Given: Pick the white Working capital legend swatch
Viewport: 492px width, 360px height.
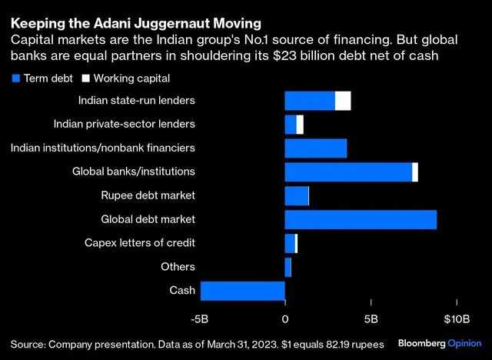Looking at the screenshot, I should click(x=85, y=78).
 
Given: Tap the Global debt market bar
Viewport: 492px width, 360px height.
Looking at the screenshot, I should click(x=361, y=219).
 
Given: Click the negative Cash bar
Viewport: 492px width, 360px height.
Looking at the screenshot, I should click(x=243, y=291).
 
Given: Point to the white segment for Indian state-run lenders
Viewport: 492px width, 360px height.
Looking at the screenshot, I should click(x=343, y=101).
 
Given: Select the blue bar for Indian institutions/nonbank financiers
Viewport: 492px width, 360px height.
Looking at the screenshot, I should click(x=316, y=148).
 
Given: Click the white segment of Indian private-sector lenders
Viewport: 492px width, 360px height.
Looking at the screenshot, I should click(x=300, y=125).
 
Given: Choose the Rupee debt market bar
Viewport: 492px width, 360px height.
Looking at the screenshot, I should click(x=297, y=195).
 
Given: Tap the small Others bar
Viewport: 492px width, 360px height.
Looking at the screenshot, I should click(x=288, y=267).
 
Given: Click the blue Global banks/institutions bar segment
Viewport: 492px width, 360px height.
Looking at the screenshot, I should click(x=348, y=172).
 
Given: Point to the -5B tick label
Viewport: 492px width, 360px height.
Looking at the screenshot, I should click(x=200, y=319).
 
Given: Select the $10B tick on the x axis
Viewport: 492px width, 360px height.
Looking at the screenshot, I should click(x=457, y=319).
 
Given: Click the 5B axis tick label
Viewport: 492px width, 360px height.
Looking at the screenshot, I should click(x=371, y=319).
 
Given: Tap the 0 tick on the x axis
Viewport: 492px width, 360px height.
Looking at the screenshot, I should click(x=285, y=319).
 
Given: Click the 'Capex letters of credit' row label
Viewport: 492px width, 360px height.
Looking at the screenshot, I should click(x=139, y=243).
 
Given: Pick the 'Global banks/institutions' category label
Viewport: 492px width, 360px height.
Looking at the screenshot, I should click(x=133, y=172).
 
